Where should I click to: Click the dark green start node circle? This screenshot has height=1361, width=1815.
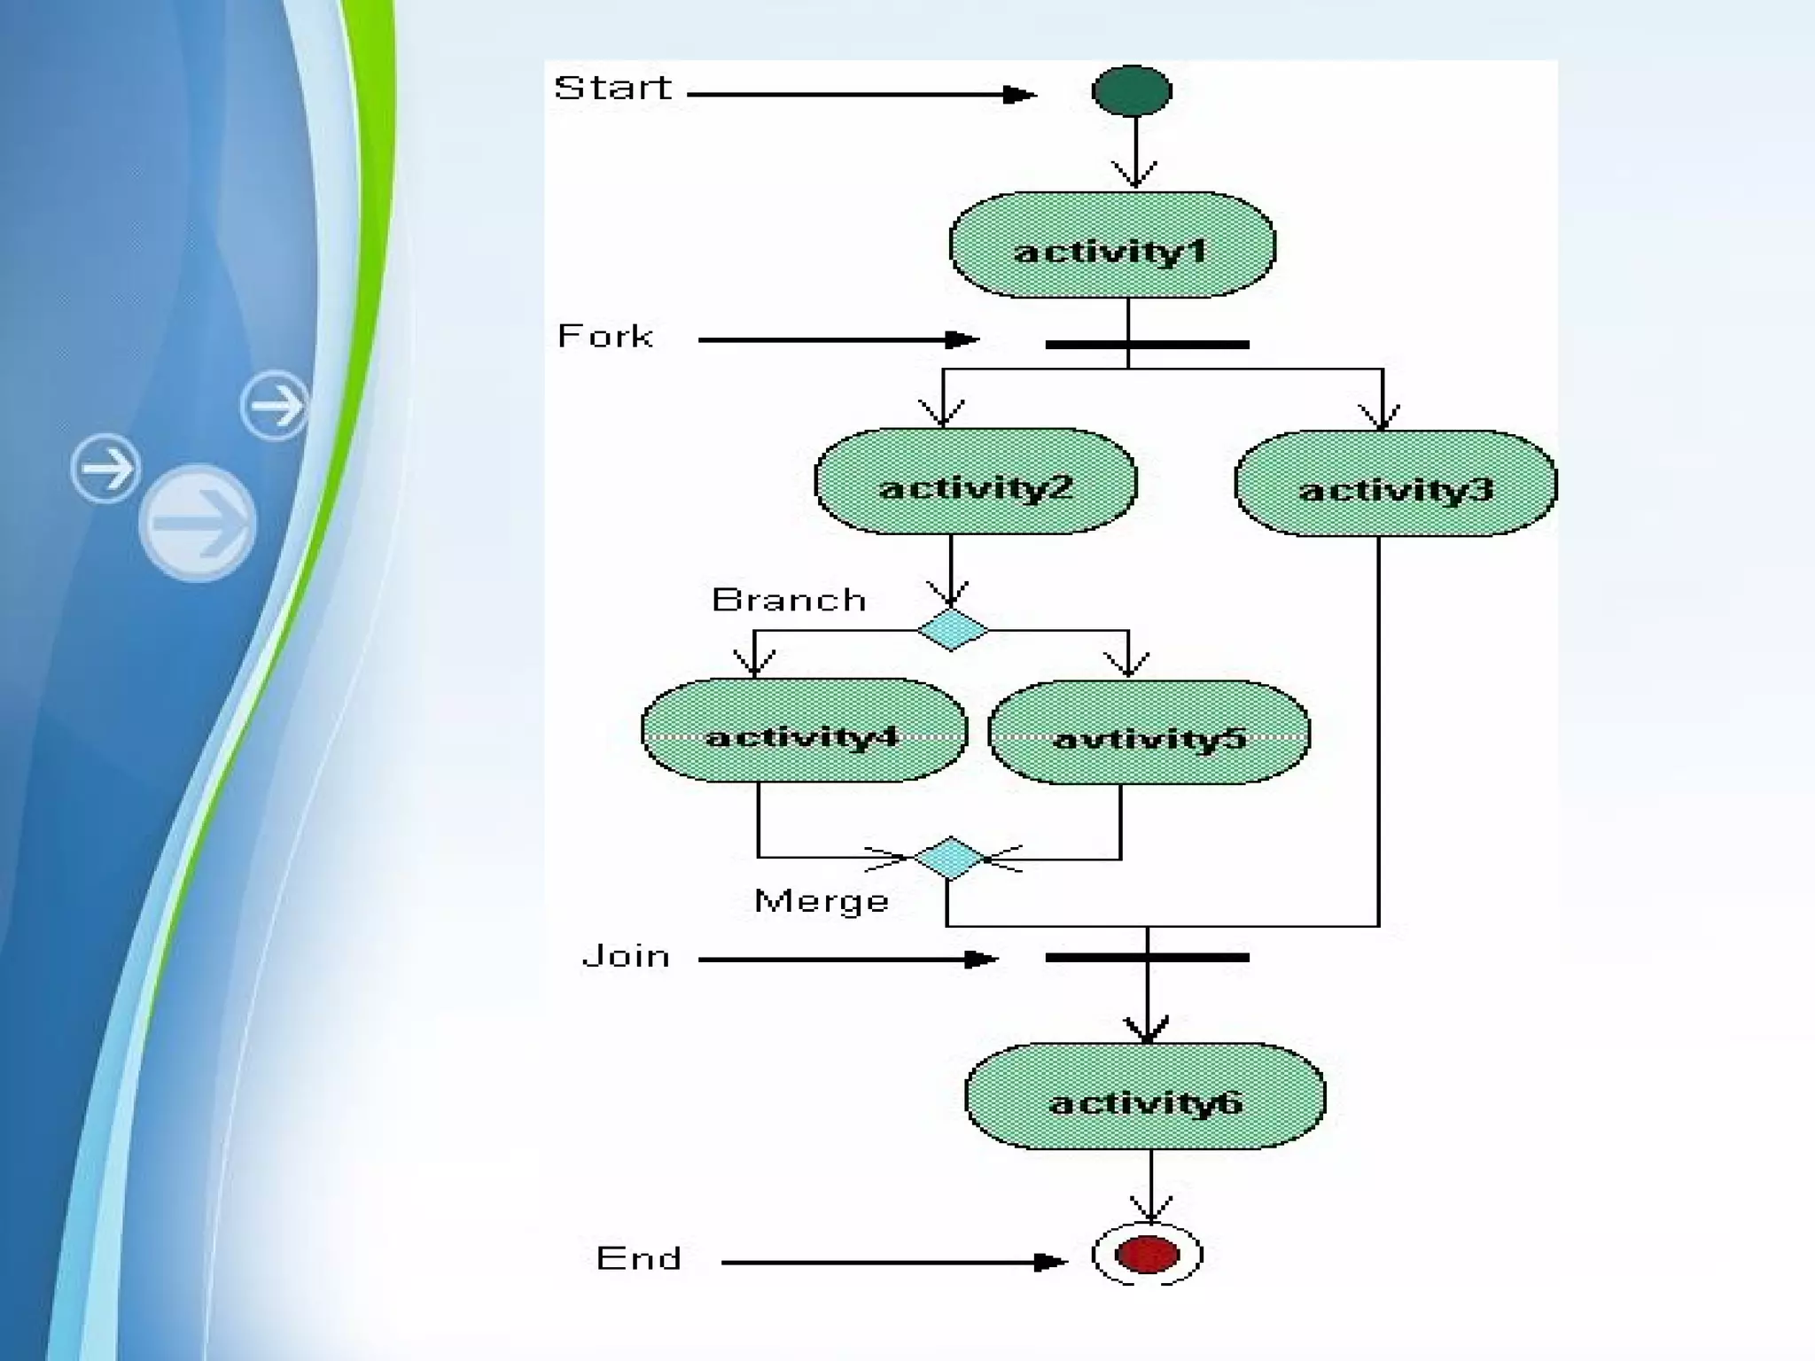[1132, 90]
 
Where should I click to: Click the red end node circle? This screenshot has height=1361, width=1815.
[1147, 1255]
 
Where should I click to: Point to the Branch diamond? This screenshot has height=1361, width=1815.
[953, 630]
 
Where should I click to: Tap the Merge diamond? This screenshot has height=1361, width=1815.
[949, 858]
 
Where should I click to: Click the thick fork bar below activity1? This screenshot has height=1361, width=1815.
[1147, 345]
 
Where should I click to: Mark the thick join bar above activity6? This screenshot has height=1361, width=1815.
[1147, 958]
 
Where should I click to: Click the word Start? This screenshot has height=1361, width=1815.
[612, 89]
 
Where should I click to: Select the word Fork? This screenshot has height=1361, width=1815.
[605, 337]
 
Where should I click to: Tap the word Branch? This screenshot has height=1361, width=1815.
[788, 601]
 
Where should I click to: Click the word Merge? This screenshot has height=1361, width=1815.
[821, 901]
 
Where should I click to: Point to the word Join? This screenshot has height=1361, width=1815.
[626, 957]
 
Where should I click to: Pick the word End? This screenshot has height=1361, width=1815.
[638, 1258]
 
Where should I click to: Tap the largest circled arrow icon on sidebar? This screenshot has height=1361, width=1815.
[198, 523]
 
